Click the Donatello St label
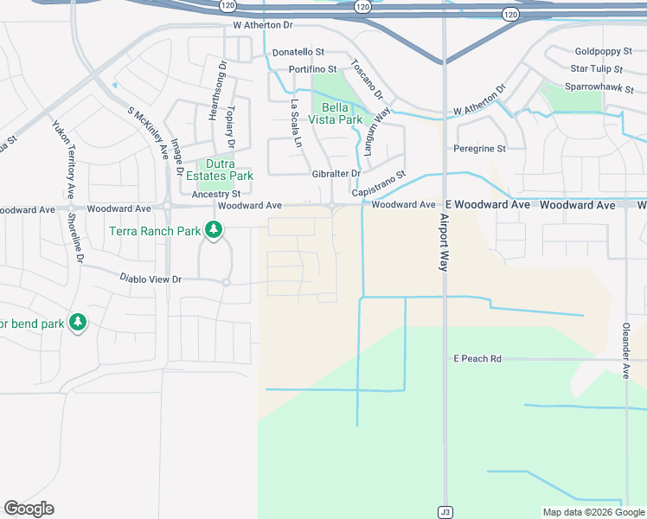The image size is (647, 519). coord(298,53)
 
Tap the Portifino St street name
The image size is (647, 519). coord(312,69)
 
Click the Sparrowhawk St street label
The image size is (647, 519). coord(599,88)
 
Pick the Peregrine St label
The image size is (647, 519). coord(479,149)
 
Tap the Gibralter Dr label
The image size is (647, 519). coord(336,174)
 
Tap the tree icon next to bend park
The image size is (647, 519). coord(78,322)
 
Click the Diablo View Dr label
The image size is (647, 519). coord(151,279)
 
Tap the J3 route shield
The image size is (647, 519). coord(445,511)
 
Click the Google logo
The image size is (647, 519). coord(29,509)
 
